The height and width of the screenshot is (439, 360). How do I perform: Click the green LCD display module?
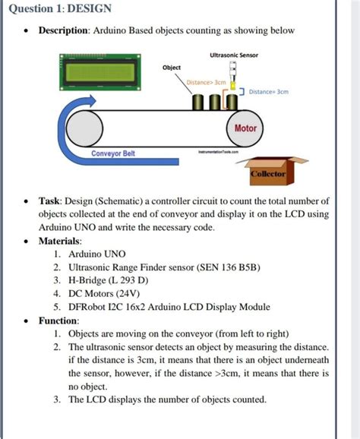pyautogui.click(x=100, y=72)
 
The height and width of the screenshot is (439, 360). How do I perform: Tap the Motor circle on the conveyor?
pyautogui.click(x=245, y=128)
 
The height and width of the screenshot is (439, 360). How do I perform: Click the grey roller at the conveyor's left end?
pyautogui.click(x=84, y=128)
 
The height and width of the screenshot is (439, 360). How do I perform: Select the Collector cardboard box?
pyautogui.click(x=272, y=171)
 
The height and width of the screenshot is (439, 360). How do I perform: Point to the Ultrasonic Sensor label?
pyautogui.click(x=234, y=55)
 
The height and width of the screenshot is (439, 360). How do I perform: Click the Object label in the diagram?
pyautogui.click(x=172, y=68)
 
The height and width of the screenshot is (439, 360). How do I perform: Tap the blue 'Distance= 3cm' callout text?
pyautogui.click(x=268, y=92)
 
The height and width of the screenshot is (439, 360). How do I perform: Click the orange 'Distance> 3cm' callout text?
pyautogui.click(x=206, y=82)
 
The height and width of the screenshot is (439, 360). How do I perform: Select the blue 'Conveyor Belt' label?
pyautogui.click(x=113, y=153)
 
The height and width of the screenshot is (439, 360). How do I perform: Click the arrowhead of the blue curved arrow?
pyautogui.click(x=90, y=100)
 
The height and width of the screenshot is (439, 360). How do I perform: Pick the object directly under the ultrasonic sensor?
pyautogui.click(x=232, y=103)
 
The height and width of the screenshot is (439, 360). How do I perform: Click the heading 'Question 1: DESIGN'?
pyautogui.click(x=60, y=8)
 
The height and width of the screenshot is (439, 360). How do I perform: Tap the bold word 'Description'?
pyautogui.click(x=64, y=30)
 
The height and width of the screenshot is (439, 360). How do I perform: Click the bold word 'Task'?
pyautogui.click(x=49, y=201)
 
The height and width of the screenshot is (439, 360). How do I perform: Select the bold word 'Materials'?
pyautogui.click(x=59, y=241)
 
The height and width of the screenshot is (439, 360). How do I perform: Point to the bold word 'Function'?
pyautogui.click(x=58, y=321)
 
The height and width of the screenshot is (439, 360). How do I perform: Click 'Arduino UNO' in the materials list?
pyautogui.click(x=97, y=254)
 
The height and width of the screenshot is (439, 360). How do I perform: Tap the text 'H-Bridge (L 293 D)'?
pyautogui.click(x=109, y=280)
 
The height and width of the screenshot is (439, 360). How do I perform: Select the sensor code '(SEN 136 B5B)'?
pyautogui.click(x=229, y=267)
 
